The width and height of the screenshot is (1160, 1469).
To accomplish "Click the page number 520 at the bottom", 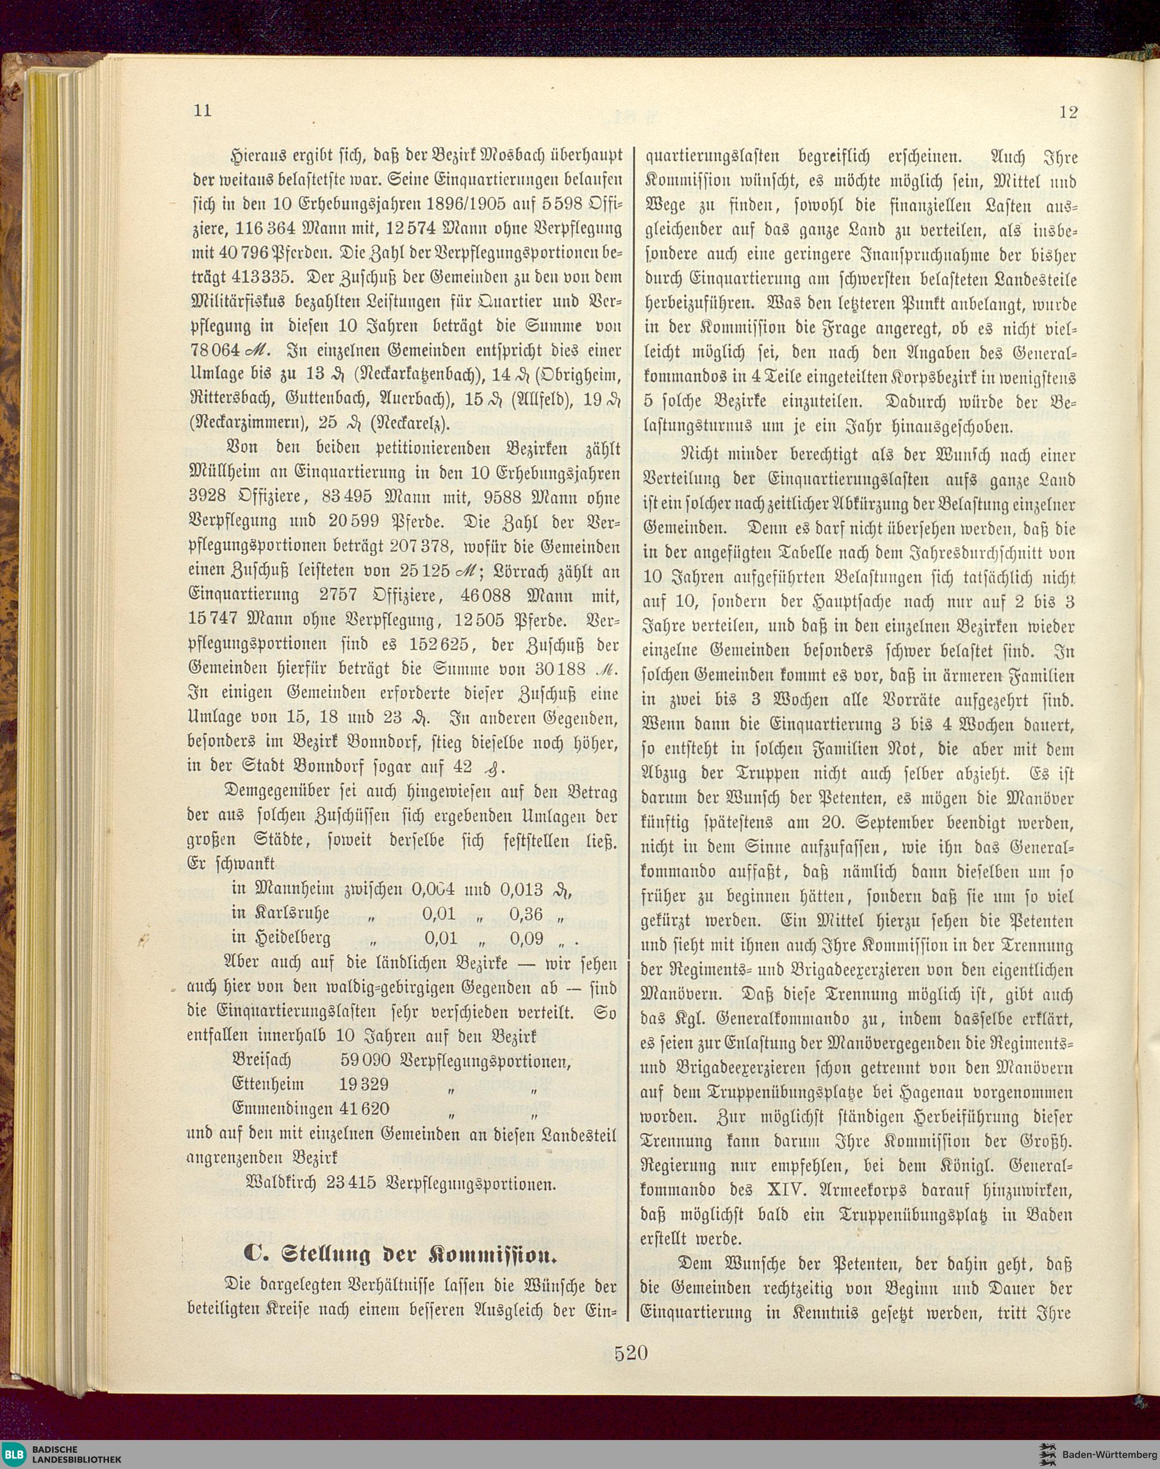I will point(631,1353).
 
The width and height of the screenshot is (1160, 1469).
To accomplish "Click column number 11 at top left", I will point(202,111).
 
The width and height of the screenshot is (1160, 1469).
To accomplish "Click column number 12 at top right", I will point(1068,112).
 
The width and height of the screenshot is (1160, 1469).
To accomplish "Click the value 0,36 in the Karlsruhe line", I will point(526,913).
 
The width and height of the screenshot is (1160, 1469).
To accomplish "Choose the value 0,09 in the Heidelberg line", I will point(526,938).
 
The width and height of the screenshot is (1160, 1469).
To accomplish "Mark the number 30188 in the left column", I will point(560,669).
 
